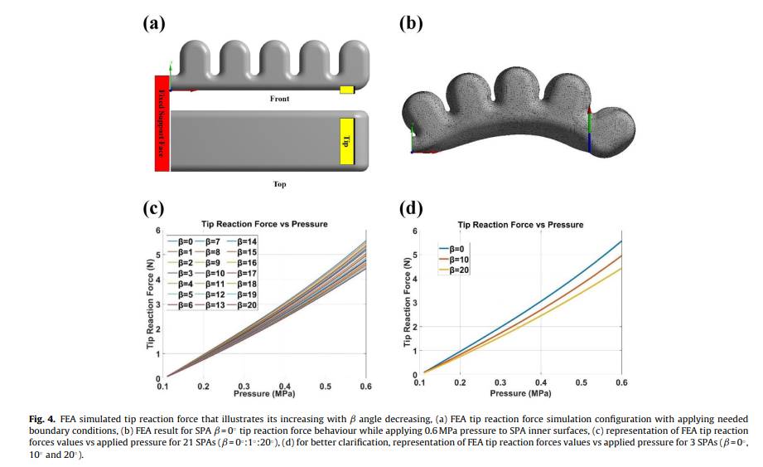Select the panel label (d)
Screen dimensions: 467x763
[x=411, y=207]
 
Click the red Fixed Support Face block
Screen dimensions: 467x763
[x=162, y=123]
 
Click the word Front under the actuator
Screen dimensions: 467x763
[x=280, y=99]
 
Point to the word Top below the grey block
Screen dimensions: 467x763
[x=280, y=183]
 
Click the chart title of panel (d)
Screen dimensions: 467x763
[x=520, y=225]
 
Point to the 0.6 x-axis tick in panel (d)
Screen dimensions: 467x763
[x=621, y=382]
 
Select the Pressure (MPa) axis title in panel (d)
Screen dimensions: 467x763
[x=520, y=392]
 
